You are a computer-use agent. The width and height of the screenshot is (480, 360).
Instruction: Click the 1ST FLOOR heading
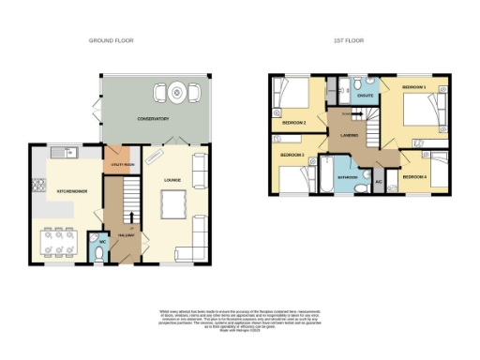[348, 41]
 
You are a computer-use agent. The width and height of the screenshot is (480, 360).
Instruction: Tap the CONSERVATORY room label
[152, 119]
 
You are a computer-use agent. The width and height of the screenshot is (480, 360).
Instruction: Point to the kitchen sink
[59, 153]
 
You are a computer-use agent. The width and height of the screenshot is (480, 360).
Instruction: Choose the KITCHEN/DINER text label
[73, 190]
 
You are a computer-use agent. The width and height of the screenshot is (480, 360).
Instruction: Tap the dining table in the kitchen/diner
[60, 241]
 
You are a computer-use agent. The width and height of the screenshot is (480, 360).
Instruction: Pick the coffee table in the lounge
[173, 201]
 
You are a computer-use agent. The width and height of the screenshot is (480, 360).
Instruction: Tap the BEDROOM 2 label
[293, 122]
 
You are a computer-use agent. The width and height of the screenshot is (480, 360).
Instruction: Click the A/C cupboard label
[379, 181]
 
